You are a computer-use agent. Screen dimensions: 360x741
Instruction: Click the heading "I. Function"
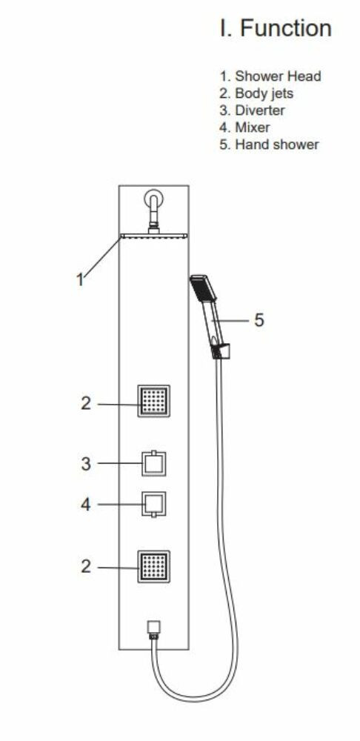(x=276, y=28)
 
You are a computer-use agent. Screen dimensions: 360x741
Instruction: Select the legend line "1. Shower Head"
(x=270, y=76)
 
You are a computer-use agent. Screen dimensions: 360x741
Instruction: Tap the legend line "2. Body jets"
(x=256, y=93)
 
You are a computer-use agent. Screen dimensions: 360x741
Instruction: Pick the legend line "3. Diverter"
(x=253, y=110)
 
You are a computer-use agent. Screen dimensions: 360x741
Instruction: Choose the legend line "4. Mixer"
(x=244, y=127)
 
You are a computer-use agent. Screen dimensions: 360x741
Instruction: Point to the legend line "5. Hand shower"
(x=270, y=144)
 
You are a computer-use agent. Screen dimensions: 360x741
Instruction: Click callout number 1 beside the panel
(x=80, y=279)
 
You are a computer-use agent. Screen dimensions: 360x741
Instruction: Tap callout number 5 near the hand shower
(x=259, y=320)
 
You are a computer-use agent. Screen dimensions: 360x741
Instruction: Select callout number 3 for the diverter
(x=85, y=464)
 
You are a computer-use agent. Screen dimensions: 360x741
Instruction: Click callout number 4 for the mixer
(x=85, y=505)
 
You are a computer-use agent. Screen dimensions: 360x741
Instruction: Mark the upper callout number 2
(x=85, y=404)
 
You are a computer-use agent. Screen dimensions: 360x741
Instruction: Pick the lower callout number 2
(x=85, y=566)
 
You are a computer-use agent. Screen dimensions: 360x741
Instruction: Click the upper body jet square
(x=153, y=401)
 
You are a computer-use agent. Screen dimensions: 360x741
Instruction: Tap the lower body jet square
(x=153, y=567)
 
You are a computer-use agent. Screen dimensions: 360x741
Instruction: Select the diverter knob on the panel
(x=154, y=463)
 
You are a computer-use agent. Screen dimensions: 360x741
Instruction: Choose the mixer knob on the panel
(x=154, y=505)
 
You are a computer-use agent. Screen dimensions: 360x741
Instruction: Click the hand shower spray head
(x=203, y=288)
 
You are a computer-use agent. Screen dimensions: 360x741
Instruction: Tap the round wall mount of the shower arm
(x=153, y=199)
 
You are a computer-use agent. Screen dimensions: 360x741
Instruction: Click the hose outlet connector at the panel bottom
(x=153, y=630)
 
